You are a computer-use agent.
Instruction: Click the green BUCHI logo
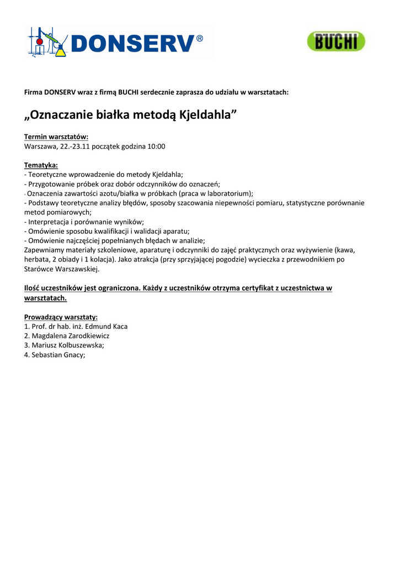click(x=336, y=41)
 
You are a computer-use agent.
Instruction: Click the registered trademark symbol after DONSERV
click(x=200, y=39)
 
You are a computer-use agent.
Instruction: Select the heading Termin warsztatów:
click(x=56, y=137)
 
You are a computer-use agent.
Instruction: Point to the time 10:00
click(x=155, y=146)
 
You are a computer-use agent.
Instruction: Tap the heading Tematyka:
click(x=41, y=165)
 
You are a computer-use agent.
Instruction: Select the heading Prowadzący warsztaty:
click(x=61, y=317)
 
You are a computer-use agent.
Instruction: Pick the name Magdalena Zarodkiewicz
click(x=71, y=336)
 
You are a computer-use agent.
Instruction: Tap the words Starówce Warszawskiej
click(x=62, y=268)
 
